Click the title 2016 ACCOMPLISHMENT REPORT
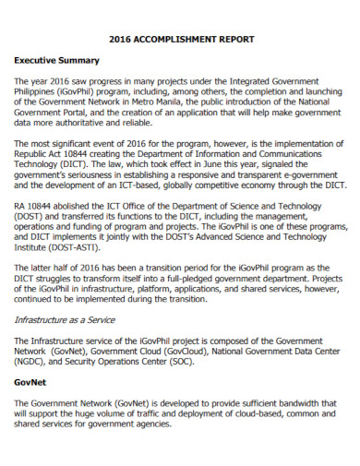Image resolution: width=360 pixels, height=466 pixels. click(x=180, y=40)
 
